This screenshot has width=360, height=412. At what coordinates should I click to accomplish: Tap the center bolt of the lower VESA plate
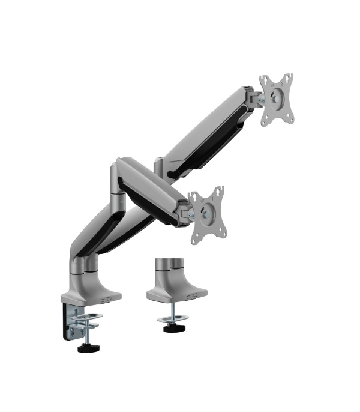(206, 214)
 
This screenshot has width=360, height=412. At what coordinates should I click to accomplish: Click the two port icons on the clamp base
(106, 299)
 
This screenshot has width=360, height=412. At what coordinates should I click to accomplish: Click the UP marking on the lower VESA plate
(203, 201)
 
